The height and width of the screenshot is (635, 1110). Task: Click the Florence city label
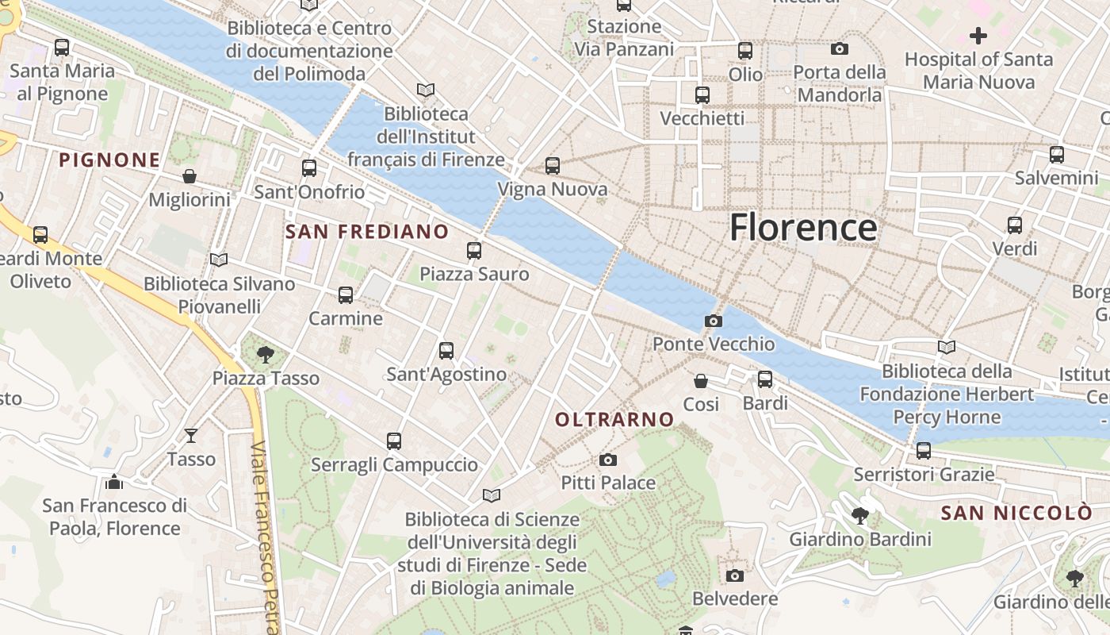coord(803,227)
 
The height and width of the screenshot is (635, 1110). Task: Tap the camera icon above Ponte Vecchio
coord(714,321)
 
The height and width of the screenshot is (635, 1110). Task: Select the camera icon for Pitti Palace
coord(608,460)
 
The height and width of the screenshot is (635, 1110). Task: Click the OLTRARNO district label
coord(614,419)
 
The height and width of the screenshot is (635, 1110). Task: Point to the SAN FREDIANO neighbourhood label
coord(366,232)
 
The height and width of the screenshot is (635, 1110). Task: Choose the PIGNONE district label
coord(109,160)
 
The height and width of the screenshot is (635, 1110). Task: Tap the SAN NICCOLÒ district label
coord(1016,513)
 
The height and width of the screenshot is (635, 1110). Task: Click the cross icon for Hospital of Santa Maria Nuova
coord(978,36)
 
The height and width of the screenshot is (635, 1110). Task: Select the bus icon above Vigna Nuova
coord(553,166)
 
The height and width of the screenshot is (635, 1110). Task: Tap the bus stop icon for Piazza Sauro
coord(474,251)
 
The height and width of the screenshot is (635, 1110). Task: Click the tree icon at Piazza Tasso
coord(266,355)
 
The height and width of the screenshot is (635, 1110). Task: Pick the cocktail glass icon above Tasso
coord(191,436)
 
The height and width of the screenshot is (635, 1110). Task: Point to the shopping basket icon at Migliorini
coord(189,176)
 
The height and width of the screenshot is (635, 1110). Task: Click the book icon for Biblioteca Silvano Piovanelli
coord(219,260)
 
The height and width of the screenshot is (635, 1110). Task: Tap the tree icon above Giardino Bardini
coord(859,517)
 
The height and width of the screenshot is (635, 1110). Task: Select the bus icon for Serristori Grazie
coord(924,451)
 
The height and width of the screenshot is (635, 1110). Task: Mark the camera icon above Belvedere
coord(735,575)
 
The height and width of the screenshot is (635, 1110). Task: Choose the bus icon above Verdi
coord(1015,225)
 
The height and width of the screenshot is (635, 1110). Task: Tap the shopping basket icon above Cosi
coord(701,381)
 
